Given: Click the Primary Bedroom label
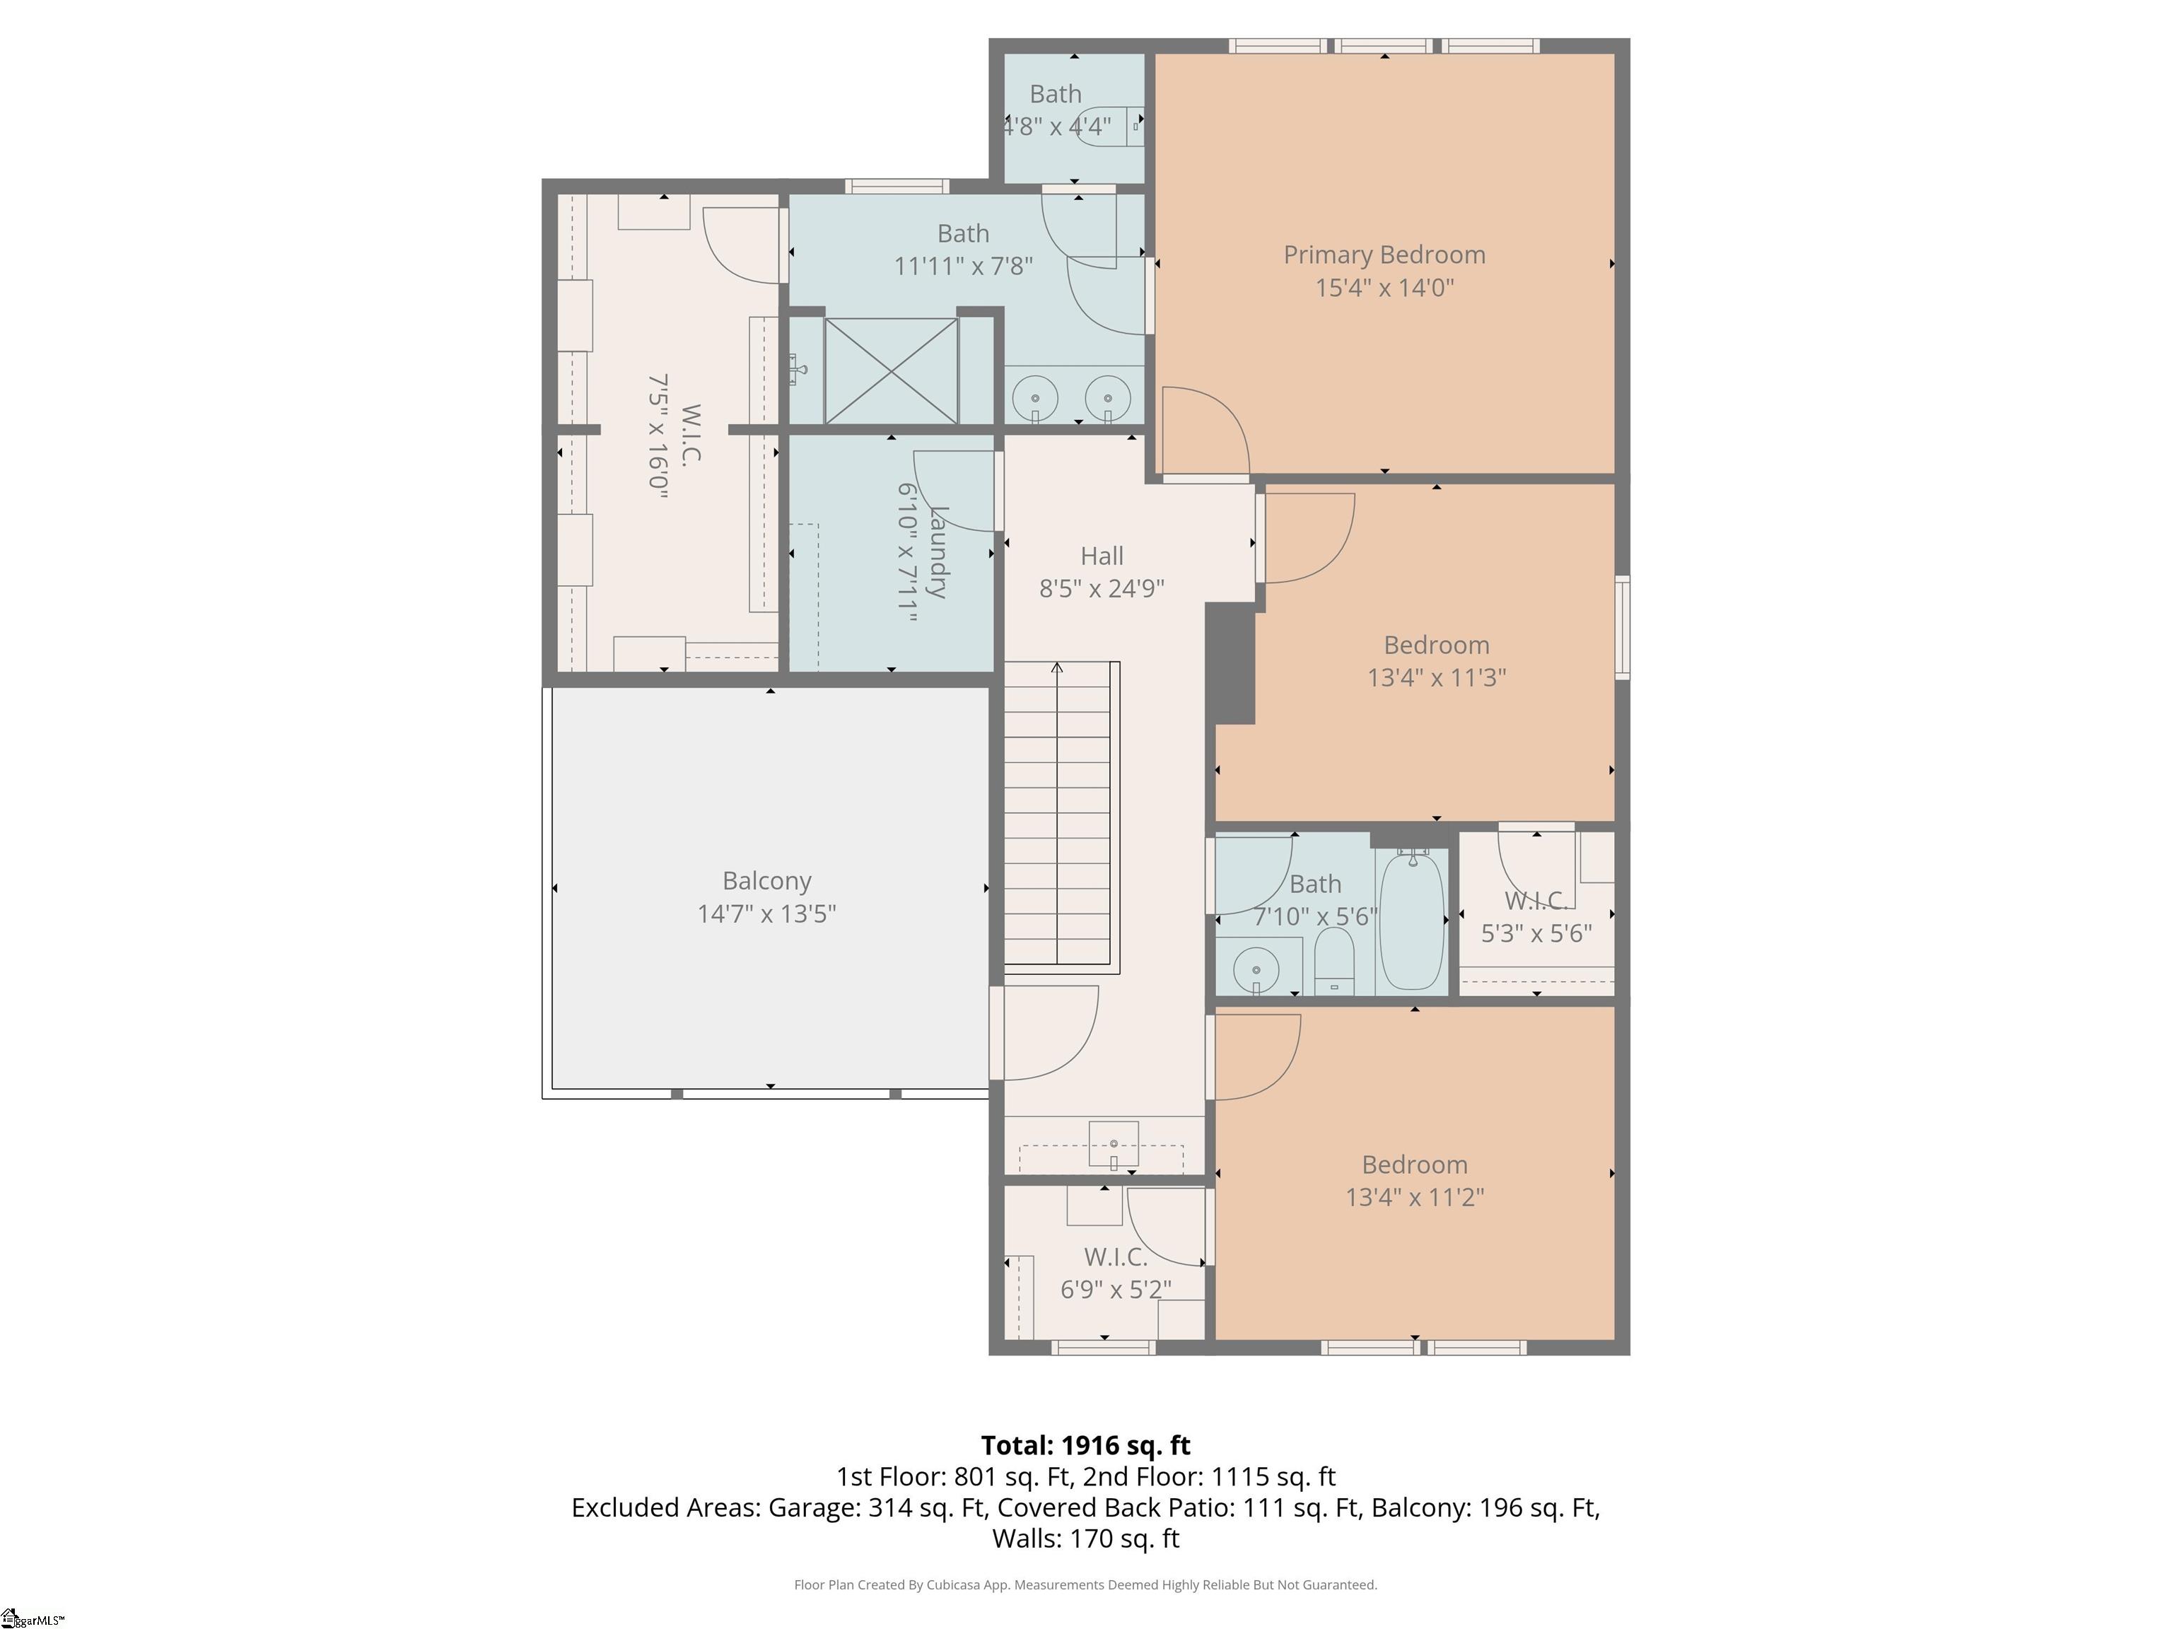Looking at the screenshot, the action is click(x=1384, y=255).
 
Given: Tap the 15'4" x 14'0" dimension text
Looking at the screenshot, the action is click(x=1384, y=288).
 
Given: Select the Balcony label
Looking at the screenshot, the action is click(x=767, y=882).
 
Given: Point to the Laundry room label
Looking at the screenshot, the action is click(x=937, y=551).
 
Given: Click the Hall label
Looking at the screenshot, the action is click(x=1102, y=556).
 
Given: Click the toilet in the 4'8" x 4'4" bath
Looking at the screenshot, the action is click(x=1109, y=126).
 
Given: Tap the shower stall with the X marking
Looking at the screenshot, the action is click(x=891, y=371).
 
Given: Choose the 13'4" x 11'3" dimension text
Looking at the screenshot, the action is click(x=1437, y=677).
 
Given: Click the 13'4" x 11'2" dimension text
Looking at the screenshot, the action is click(x=1414, y=1197).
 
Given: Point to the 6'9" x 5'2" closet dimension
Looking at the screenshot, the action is click(x=1116, y=1289).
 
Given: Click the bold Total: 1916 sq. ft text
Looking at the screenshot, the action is click(x=1085, y=1445).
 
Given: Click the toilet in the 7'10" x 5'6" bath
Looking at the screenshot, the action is click(x=1333, y=959).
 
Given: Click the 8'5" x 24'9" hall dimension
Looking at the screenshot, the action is click(x=1102, y=588).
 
